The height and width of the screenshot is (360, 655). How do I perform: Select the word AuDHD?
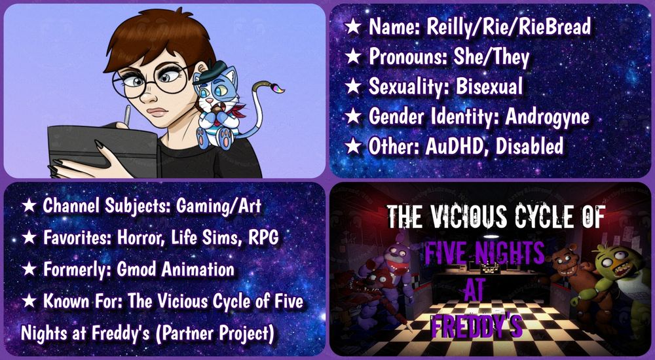457,146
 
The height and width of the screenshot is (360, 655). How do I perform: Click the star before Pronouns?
353,57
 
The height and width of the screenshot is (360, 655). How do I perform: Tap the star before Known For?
29,302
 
